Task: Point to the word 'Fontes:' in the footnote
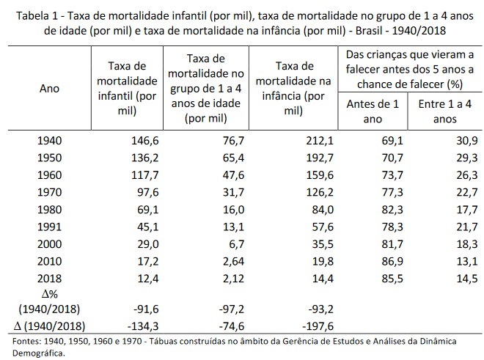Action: click(x=23, y=340)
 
